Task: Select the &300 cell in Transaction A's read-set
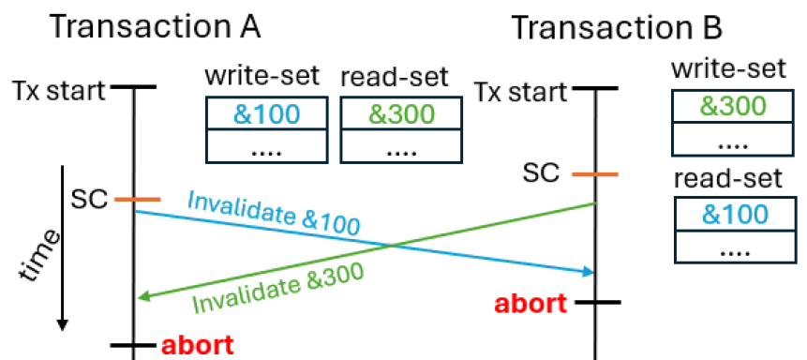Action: click(402, 114)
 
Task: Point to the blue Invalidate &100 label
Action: click(274, 214)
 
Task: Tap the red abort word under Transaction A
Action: click(197, 344)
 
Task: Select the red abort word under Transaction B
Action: click(531, 303)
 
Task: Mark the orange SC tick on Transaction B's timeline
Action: click(595, 174)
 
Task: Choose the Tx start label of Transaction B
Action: click(520, 93)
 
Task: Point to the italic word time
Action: click(40, 254)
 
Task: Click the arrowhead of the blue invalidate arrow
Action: click(591, 272)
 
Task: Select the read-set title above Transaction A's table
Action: click(395, 77)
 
